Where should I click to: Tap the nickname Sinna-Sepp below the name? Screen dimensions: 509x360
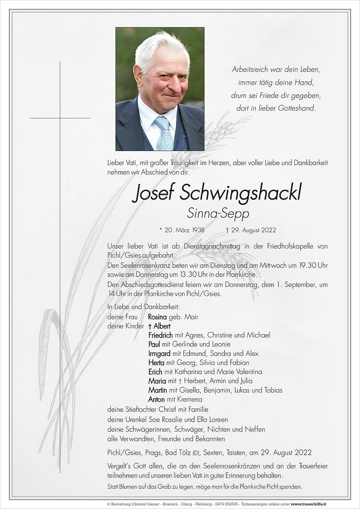[218, 213]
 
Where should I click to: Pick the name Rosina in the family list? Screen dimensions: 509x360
[157, 317]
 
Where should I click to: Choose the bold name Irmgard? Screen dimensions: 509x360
[159, 354]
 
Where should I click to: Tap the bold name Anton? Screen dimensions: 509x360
[157, 399]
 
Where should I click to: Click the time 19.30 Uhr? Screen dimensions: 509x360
[308, 266]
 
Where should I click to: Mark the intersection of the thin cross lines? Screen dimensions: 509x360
[60, 118]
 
